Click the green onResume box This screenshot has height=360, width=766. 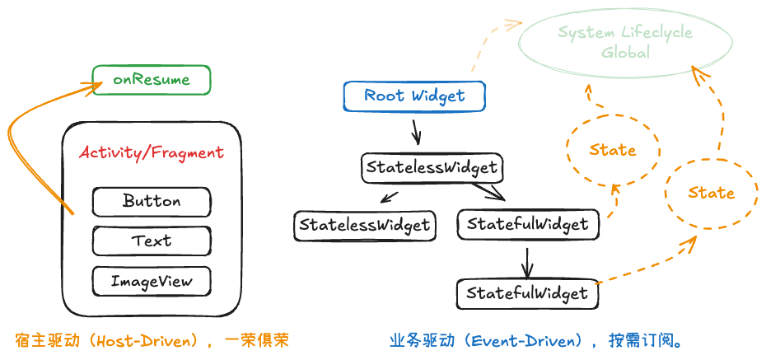coord(152,80)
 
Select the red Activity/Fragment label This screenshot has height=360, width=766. coord(152,152)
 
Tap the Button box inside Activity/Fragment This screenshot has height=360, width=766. coord(152,201)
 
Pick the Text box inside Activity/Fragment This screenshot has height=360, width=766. coord(152,241)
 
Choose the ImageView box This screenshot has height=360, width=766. coord(152,281)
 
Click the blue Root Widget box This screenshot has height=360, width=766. coord(413,96)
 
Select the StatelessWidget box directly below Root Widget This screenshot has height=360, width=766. coord(432,167)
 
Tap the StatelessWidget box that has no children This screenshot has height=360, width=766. coord(364,224)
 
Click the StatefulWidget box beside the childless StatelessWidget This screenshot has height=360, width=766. coord(527,224)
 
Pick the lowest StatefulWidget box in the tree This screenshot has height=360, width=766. coord(527,293)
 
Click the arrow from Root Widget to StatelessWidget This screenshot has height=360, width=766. coord(416,130)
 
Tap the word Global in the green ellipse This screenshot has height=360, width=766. coord(625,53)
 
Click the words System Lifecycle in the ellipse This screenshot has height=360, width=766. coord(625,33)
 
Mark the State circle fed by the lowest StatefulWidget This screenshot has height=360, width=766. coord(711,193)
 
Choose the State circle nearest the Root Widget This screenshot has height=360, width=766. coord(613,150)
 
